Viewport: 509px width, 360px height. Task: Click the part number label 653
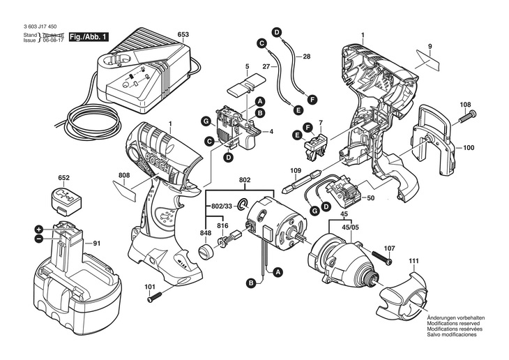point(183,34)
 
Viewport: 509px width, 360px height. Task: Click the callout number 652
point(64,178)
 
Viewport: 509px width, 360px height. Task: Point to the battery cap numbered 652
point(65,200)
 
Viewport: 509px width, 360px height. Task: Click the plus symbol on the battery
point(39,229)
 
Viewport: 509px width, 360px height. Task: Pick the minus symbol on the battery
point(39,239)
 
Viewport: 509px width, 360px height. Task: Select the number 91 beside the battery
point(96,243)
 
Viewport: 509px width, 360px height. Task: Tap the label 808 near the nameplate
point(124,174)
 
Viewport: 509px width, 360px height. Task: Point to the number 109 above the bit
point(296,170)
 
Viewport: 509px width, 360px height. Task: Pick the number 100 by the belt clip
point(469,148)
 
